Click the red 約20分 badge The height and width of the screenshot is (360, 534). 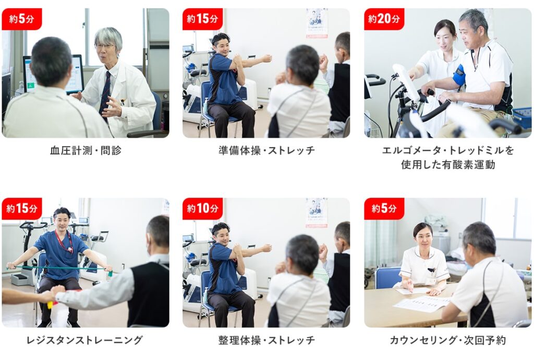coord(384,19)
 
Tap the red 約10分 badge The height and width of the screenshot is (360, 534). coord(203,208)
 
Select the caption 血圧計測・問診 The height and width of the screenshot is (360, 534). coord(86,151)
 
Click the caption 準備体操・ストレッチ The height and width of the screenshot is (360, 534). coord(266,151)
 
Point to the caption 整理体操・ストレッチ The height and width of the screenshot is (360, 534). coord(266,340)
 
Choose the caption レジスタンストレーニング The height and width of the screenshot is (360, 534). coord(84,340)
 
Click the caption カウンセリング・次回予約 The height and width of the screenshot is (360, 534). coord(447,340)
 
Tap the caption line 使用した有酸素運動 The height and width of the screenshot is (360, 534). coord(448,165)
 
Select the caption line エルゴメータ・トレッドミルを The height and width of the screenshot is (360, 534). coord(448,151)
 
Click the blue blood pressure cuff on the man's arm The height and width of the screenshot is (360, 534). coord(459,75)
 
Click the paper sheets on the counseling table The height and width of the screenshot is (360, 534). coord(422,303)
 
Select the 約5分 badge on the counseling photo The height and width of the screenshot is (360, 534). coord(384,208)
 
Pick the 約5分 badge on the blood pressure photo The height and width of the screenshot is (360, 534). coord(22,19)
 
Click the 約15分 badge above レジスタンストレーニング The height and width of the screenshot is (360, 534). coord(22,208)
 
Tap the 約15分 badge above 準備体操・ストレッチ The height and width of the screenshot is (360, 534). coord(203,19)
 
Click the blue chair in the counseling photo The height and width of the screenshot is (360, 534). coord(387,277)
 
